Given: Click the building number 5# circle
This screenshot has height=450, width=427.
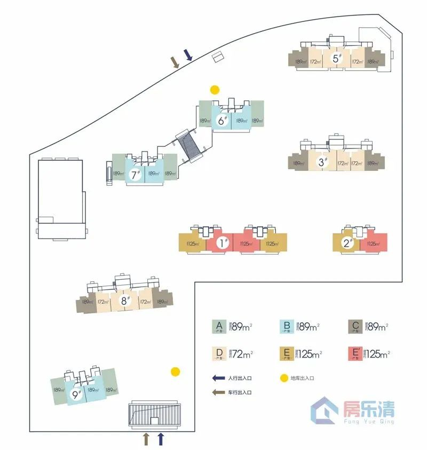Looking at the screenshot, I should pyautogui.click(x=336, y=58).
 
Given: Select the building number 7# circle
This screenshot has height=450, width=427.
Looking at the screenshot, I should pyautogui.click(x=135, y=174).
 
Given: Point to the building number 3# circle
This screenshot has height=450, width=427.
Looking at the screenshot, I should pyautogui.click(x=322, y=162).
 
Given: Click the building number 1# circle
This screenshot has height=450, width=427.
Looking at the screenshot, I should pyautogui.click(x=224, y=244).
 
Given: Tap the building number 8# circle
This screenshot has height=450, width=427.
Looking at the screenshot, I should pyautogui.click(x=125, y=301).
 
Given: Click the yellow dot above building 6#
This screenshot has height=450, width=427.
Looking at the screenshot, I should pyautogui.click(x=215, y=90).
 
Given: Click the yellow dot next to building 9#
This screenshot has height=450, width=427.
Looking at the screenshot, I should pyautogui.click(x=175, y=372).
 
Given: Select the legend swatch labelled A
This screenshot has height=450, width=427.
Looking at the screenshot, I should pyautogui.click(x=218, y=327).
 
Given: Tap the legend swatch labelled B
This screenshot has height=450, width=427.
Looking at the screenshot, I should pyautogui.click(x=287, y=327).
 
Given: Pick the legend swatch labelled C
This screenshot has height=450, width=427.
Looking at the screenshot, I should pyautogui.click(x=355, y=327).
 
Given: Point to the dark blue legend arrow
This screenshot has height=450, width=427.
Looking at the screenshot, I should pyautogui.click(x=218, y=378).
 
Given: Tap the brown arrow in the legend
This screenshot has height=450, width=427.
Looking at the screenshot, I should pyautogui.click(x=218, y=392).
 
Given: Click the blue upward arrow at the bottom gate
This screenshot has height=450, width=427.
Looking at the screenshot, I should pyautogui.click(x=161, y=439).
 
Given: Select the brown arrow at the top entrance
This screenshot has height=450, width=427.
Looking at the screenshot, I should pyautogui.click(x=175, y=62).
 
